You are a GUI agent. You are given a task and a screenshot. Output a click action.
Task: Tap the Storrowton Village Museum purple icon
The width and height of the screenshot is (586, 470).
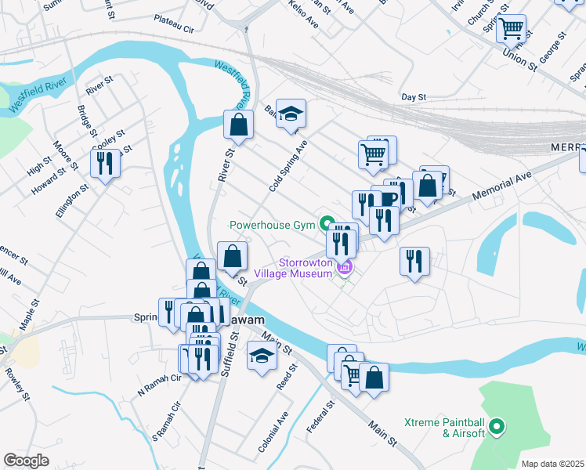[343, 269]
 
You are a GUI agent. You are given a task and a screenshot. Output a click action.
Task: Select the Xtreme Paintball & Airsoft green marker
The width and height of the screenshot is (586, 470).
[495, 428]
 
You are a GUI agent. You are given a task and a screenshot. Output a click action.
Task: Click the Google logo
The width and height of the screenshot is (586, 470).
[26, 461]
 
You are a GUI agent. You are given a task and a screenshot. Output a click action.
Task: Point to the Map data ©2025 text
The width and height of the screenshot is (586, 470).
[552, 464]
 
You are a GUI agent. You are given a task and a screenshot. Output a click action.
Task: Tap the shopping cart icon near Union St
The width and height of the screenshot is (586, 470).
[511, 29]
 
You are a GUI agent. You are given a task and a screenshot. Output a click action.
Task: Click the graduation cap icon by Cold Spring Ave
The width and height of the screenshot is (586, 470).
[291, 114]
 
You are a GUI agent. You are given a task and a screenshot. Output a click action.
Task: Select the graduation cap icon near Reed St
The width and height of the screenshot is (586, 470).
[262, 356]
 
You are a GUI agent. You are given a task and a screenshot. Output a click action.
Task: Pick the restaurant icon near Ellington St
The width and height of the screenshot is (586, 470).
[104, 163]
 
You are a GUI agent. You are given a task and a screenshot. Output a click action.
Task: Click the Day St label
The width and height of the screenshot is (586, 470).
[412, 96]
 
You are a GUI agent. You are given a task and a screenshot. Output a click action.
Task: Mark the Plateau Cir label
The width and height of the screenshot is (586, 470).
[173, 27]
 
